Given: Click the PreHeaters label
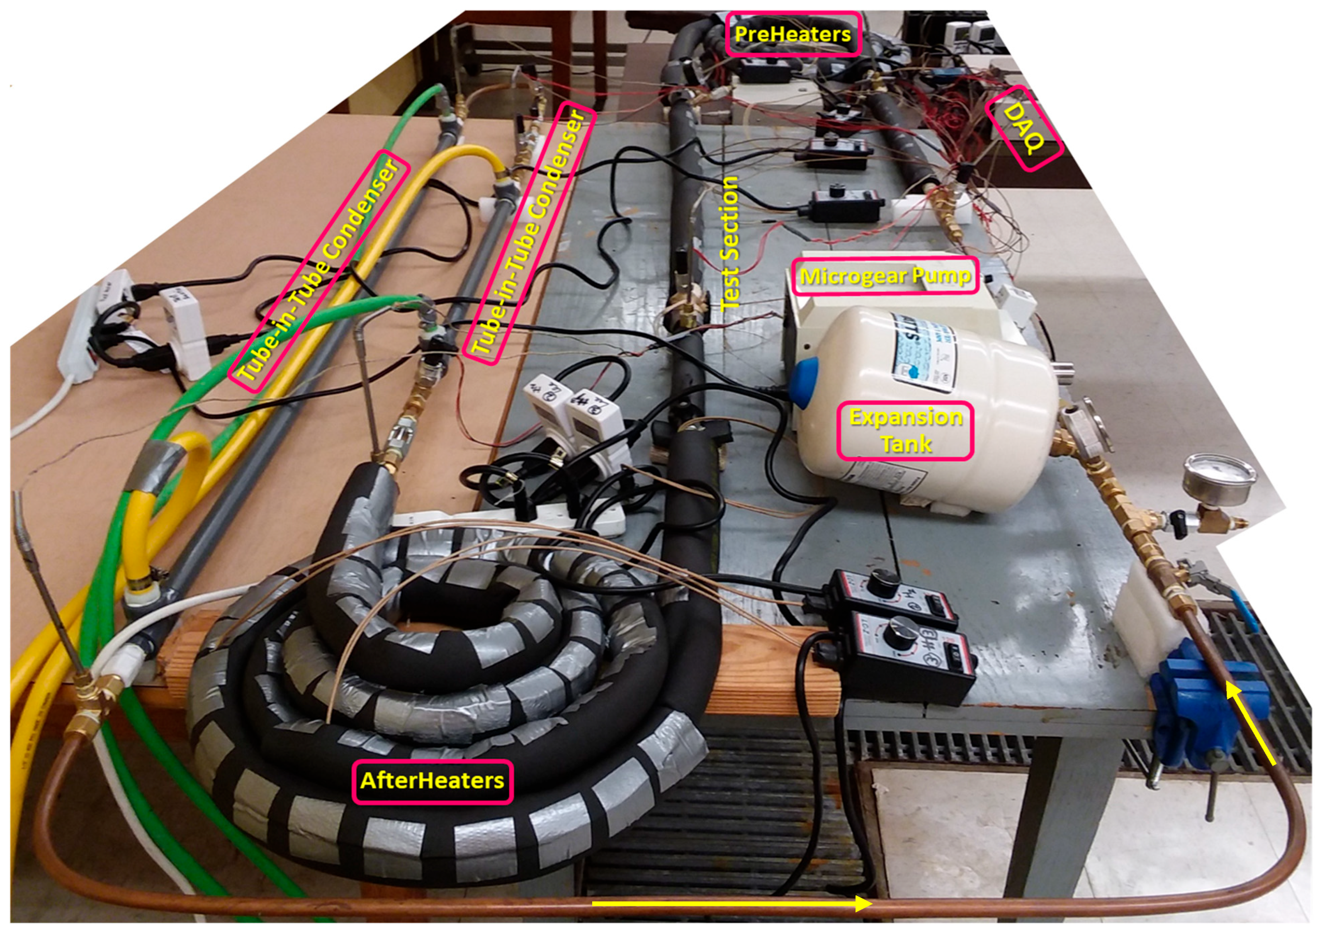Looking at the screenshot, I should click(x=792, y=34).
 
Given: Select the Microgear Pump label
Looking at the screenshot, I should click(x=885, y=277).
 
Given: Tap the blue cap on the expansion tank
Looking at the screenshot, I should click(x=804, y=381).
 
